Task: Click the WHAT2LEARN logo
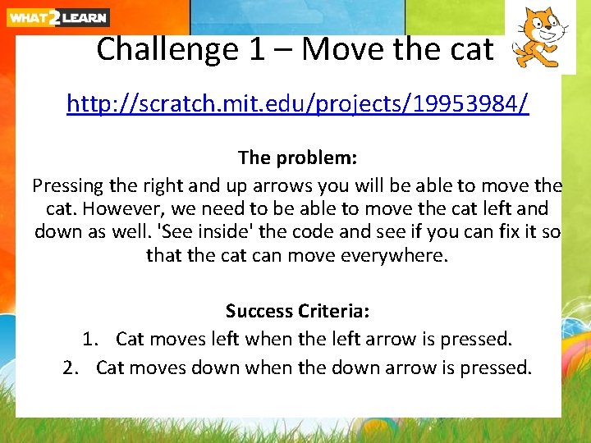coord(57,16)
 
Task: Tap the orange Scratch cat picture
coord(539,37)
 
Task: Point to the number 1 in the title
coord(258,50)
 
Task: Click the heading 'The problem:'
coord(297,157)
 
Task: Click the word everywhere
coord(388,256)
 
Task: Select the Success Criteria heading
coord(297,311)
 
